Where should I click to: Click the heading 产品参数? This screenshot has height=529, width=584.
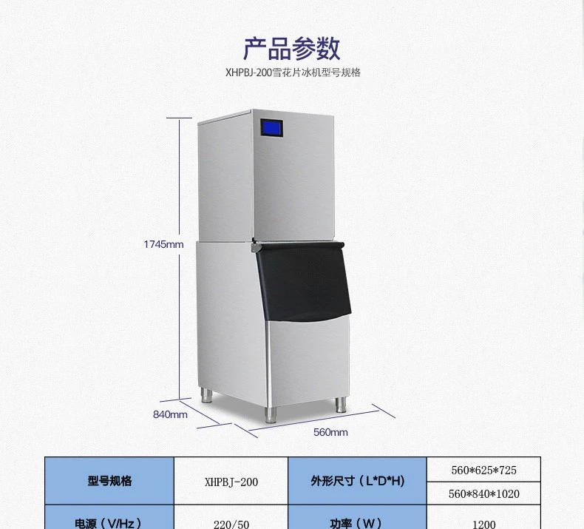pos(292,48)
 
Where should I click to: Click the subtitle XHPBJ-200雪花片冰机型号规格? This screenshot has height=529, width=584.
pos(292,73)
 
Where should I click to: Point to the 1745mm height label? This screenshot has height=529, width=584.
pos(163,245)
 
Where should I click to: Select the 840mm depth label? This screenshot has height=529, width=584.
pos(170,414)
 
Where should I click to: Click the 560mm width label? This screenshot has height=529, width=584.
pos(330,432)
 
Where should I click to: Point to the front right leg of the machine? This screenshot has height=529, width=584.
pos(341,405)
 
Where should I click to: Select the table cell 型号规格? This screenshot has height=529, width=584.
pos(109,481)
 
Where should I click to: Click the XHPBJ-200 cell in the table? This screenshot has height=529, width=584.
pos(231,482)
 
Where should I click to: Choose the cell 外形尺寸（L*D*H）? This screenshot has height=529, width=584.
pos(357,482)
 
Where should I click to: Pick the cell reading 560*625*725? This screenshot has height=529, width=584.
pos(483,470)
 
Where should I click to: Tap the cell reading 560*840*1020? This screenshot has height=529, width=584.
pos(483,493)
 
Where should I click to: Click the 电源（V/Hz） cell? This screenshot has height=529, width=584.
pos(109,522)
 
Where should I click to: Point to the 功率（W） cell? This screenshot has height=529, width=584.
pos(357,522)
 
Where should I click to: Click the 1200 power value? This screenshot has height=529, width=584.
pos(483,523)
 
